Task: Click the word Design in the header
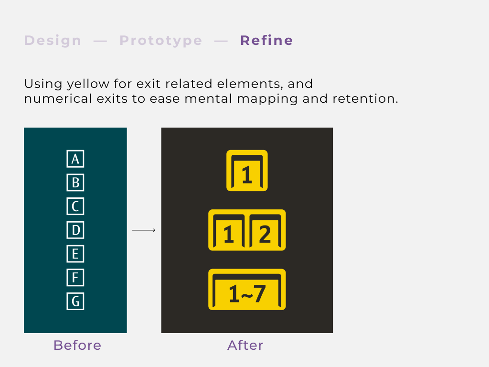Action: (53, 41)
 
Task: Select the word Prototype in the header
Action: (161, 41)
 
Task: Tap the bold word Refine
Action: (266, 41)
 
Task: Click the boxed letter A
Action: (75, 159)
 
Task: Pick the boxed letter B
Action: (75, 183)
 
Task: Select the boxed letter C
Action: (75, 206)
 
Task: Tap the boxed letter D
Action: (75, 230)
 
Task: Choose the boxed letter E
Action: (75, 254)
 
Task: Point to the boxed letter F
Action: (75, 278)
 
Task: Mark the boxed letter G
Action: (75, 301)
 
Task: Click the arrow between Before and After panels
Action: (144, 230)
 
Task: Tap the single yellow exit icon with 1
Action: (247, 171)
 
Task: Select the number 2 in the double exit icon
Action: (265, 234)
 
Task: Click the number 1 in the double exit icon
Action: (229, 234)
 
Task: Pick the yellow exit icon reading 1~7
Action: (247, 289)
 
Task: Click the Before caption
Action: (77, 345)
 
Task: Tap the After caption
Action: (245, 345)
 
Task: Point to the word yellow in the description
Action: (88, 84)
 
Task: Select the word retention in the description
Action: (365, 98)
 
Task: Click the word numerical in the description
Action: (58, 98)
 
